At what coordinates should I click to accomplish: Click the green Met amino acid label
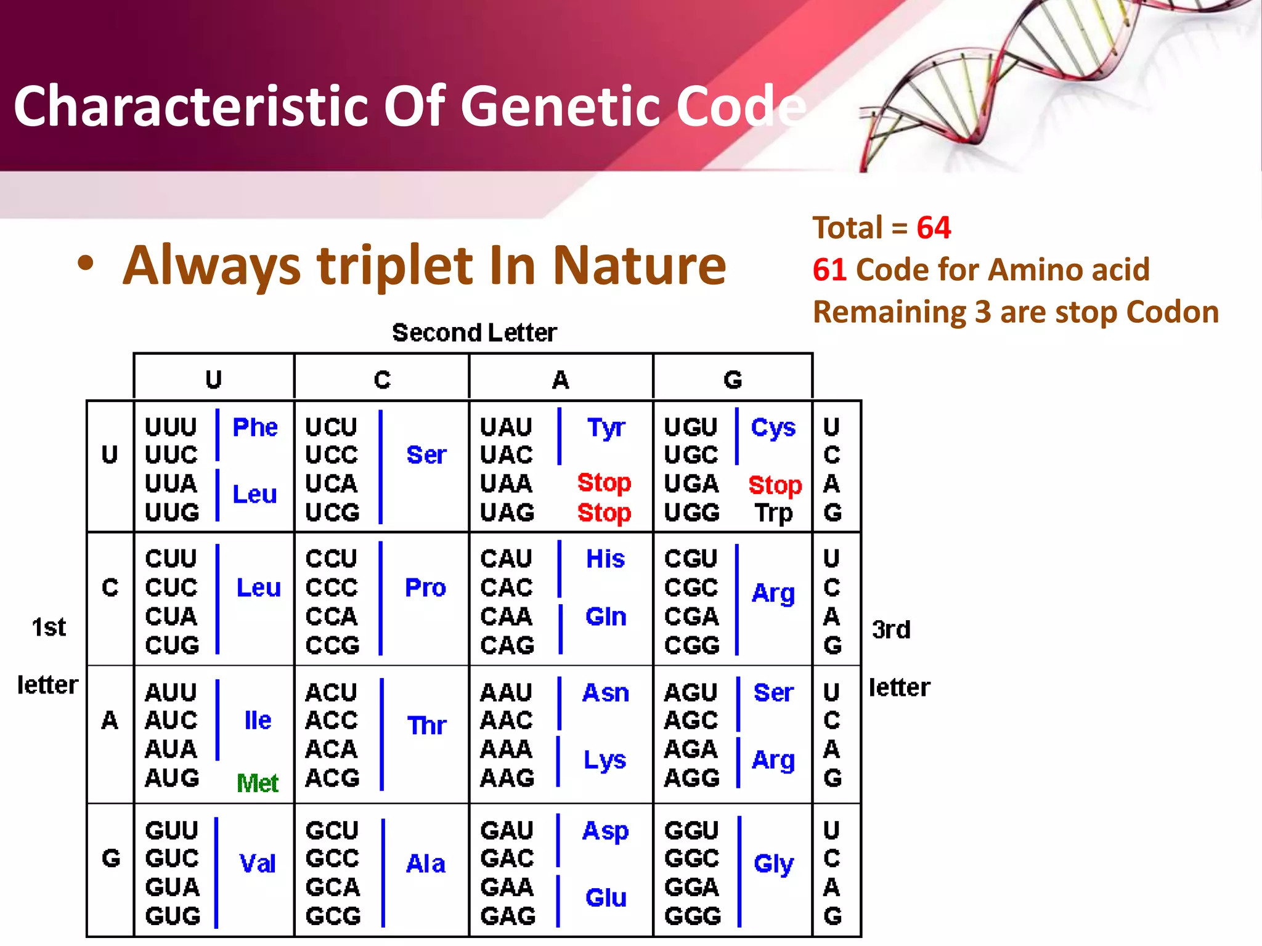point(258,783)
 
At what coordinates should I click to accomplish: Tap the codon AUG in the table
point(172,778)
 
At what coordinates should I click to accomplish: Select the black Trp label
point(774,512)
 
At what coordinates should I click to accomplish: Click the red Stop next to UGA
point(775,485)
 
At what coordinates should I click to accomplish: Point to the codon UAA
point(506,483)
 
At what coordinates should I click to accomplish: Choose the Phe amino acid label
point(255,427)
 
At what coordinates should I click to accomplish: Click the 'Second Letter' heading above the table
point(474,333)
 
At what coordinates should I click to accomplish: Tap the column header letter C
point(382,379)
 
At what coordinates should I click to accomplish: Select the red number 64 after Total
point(934,227)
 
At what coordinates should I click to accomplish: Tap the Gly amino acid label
point(773,863)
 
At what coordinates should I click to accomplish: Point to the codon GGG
point(692,916)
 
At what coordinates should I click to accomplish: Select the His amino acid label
point(605,559)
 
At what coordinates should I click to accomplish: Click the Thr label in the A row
point(426,726)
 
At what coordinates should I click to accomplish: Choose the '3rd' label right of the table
point(891,629)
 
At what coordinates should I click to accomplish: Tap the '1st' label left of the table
point(49,627)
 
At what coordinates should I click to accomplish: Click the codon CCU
point(332,559)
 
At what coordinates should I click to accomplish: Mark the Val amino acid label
point(257,863)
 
